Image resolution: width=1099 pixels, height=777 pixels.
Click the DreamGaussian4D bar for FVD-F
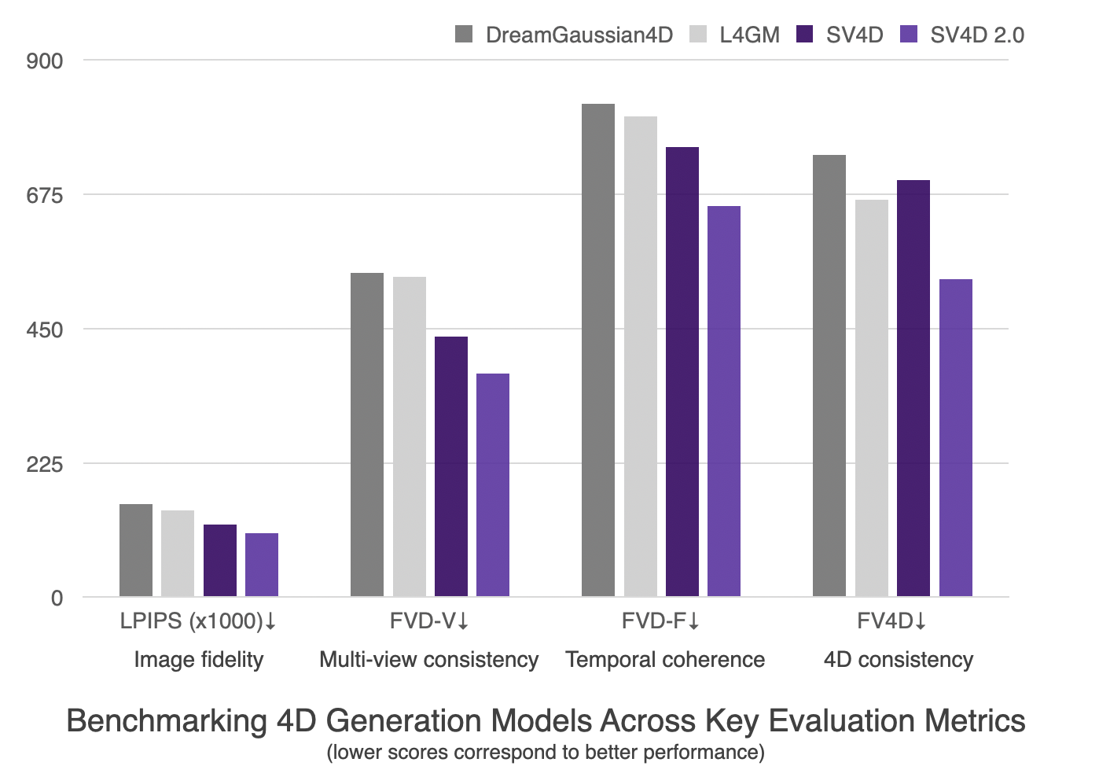tap(597, 350)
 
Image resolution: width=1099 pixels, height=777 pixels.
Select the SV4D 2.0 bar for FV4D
tap(955, 438)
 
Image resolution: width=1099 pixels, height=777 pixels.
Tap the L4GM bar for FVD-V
tap(409, 436)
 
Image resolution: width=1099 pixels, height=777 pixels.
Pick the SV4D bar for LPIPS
tap(219, 560)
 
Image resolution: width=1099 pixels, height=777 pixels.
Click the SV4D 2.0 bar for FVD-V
tap(492, 484)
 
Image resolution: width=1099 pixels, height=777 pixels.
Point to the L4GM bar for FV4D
tap(871, 398)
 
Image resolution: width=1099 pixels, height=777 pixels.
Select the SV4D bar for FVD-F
tap(682, 371)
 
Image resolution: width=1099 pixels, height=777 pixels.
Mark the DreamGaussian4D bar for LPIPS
tap(135, 550)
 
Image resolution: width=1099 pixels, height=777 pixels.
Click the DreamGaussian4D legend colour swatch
tap(464, 35)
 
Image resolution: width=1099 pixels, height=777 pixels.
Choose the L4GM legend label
tap(749, 35)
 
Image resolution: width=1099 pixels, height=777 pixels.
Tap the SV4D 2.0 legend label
tap(976, 35)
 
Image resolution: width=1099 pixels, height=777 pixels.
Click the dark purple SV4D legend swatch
tap(805, 35)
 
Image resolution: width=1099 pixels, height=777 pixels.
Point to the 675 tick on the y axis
tap(44, 195)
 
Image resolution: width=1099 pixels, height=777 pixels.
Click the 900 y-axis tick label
tap(44, 61)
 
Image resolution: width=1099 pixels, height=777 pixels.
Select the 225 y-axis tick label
tap(44, 464)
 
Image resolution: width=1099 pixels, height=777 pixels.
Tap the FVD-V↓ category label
tap(429, 621)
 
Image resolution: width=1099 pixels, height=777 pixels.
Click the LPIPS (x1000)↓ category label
tap(198, 621)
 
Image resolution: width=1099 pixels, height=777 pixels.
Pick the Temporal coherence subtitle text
tap(665, 659)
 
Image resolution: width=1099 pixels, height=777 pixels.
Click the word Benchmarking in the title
tap(167, 720)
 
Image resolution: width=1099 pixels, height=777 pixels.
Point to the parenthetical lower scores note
tap(546, 753)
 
